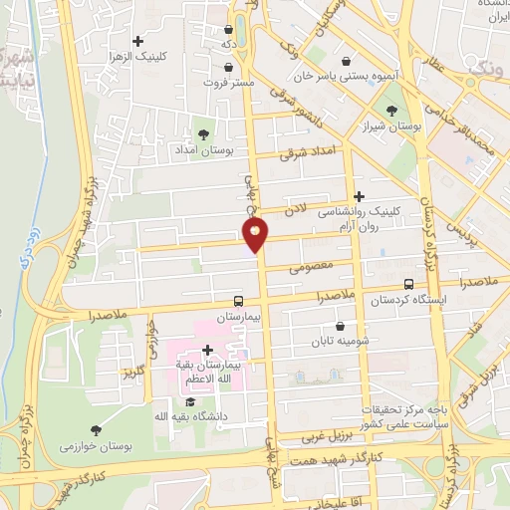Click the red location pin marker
255,235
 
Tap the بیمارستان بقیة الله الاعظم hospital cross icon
207,350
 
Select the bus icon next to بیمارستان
238,300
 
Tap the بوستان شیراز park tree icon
387,113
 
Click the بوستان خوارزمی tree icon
95,430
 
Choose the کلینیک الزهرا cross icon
138,40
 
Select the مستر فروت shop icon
232,66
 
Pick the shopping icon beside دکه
231,30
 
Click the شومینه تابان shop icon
342,325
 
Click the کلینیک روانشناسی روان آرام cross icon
360,196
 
